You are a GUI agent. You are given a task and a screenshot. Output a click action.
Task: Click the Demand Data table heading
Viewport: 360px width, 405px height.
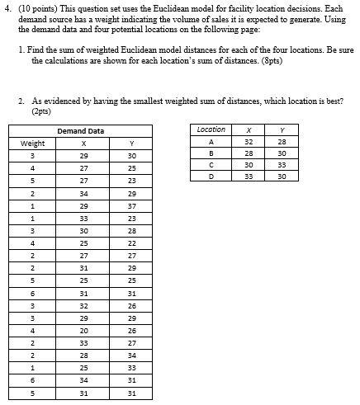(80, 131)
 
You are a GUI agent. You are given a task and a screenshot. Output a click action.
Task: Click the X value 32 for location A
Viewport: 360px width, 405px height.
(249, 141)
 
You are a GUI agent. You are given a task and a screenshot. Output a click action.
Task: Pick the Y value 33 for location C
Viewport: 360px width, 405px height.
(282, 165)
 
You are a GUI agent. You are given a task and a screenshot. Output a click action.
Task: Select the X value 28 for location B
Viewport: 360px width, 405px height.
(249, 153)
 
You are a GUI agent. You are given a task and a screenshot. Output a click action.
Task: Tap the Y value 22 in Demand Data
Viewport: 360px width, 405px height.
(131, 243)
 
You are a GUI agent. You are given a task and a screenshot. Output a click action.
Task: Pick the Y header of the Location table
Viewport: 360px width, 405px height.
(282, 130)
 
